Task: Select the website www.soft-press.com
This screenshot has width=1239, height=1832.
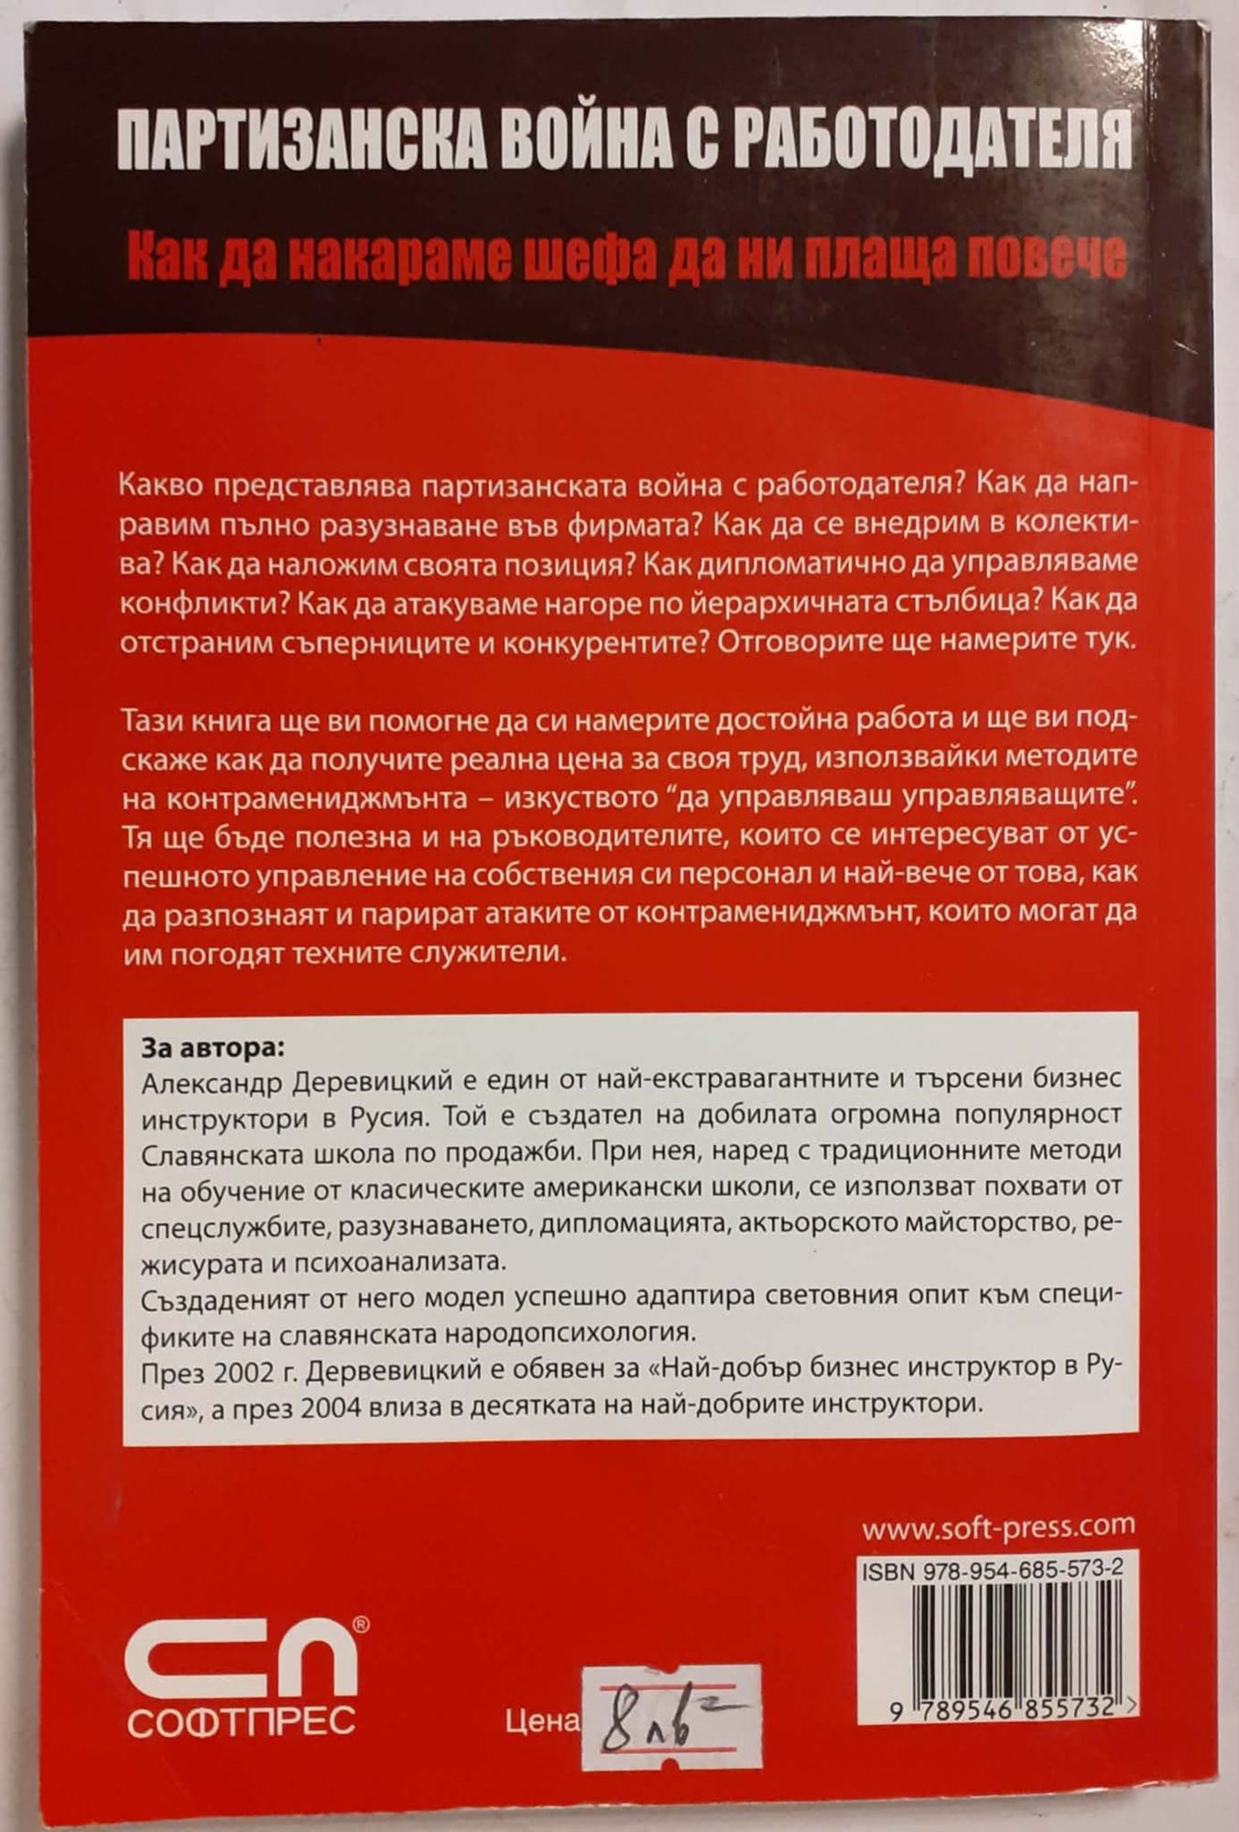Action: pos(998,1526)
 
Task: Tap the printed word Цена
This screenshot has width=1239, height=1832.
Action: pos(542,1721)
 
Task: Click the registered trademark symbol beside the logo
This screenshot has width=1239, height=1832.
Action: pos(361,1624)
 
